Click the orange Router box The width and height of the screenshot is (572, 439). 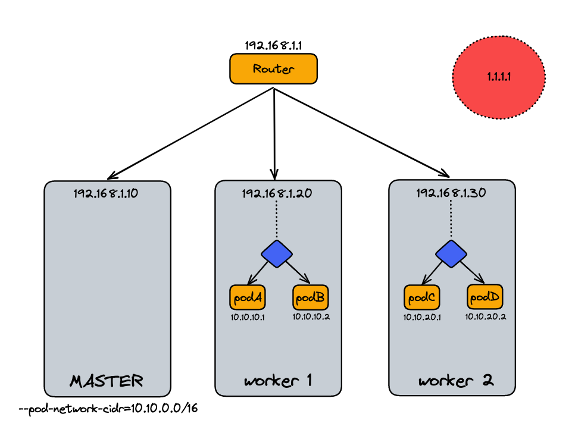coord(273,68)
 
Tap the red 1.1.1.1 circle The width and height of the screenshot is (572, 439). coord(499,77)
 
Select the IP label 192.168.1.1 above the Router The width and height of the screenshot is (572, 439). coord(273,45)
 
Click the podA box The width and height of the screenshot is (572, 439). coord(247,296)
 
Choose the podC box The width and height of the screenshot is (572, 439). coord(421,296)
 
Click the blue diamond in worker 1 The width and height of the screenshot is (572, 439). coord(277,253)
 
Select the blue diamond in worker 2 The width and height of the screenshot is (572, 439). coord(451,253)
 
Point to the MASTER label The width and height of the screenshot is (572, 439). coord(107,380)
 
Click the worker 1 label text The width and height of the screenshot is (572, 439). coord(278,380)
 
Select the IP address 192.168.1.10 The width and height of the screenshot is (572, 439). coord(106,193)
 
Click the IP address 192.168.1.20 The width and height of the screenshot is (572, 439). coord(277,193)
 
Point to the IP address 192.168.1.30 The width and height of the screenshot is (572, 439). coord(451,193)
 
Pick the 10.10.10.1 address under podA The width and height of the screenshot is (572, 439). coord(248,317)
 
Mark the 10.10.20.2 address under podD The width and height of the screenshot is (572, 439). coord(486,317)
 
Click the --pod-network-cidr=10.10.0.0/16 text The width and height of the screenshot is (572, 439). coord(108,410)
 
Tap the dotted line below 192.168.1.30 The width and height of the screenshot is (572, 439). coord(451,220)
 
